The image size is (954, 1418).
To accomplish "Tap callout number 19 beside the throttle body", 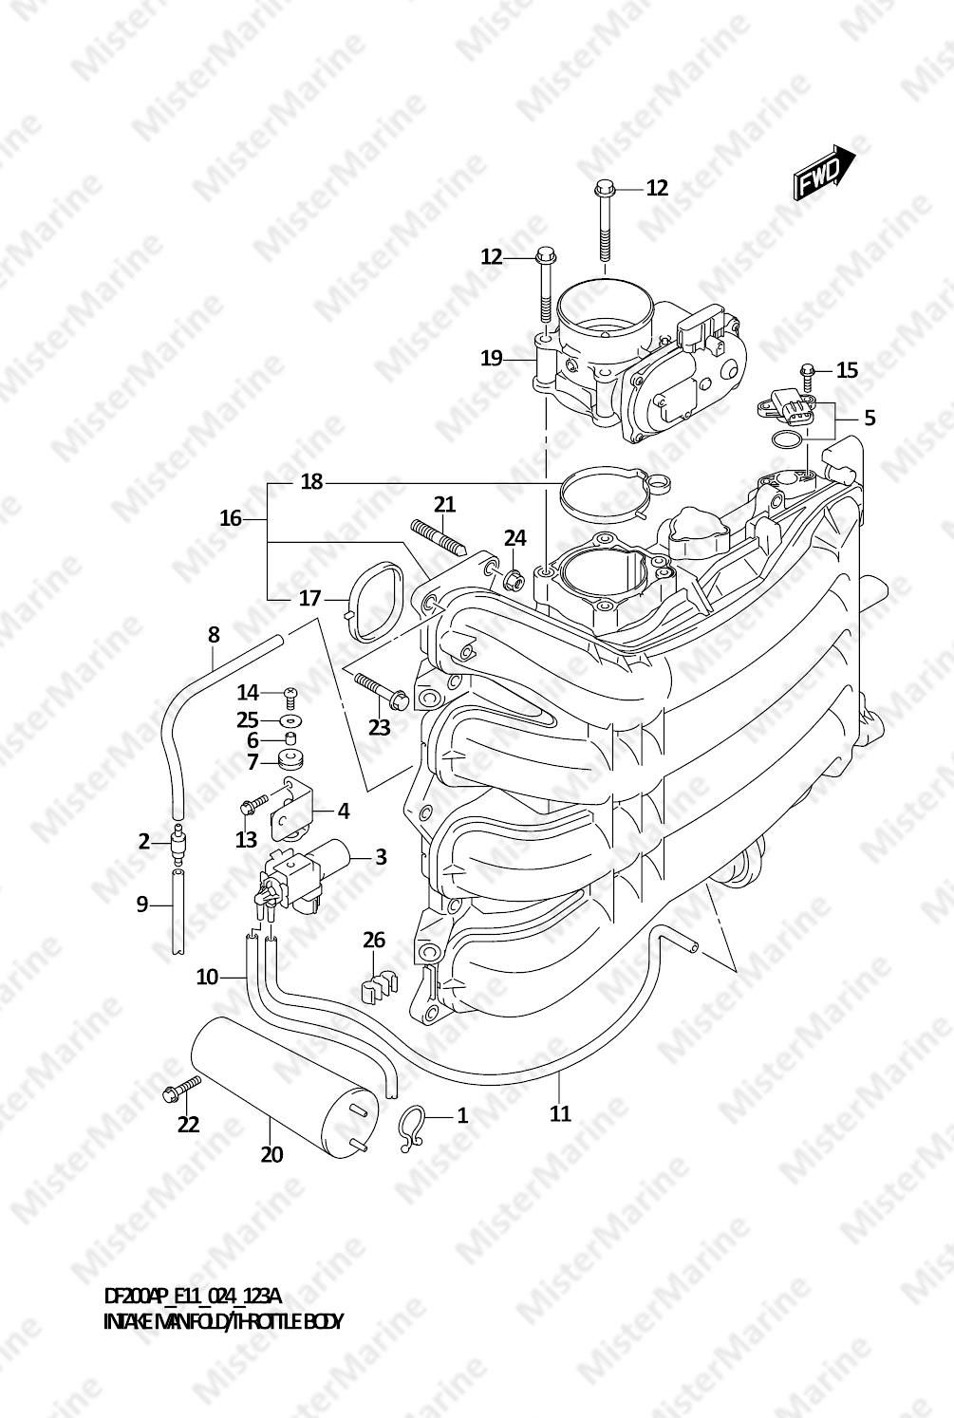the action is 492,359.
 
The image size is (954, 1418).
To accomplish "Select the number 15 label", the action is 847,370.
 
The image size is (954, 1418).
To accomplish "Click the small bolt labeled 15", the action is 807,378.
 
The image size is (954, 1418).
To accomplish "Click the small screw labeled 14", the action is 290,698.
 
